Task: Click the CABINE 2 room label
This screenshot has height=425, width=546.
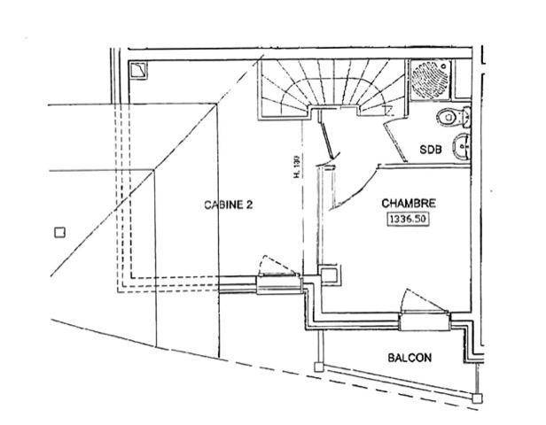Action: click(228, 205)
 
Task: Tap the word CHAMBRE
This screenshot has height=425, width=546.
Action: click(409, 203)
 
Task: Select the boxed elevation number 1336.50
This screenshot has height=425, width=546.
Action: click(408, 219)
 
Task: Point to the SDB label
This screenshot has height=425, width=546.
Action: click(431, 150)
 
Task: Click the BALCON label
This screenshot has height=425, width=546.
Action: click(409, 358)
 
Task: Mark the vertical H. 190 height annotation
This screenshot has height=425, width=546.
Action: click(297, 166)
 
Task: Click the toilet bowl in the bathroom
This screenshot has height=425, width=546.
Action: click(454, 117)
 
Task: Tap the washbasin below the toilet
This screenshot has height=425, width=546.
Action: click(462, 147)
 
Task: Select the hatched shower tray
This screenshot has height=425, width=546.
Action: click(431, 81)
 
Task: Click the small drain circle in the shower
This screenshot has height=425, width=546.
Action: click(444, 65)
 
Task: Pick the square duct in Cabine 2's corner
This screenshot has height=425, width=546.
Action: click(138, 70)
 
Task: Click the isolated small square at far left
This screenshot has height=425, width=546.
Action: click(60, 232)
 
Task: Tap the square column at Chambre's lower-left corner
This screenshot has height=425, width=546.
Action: click(329, 274)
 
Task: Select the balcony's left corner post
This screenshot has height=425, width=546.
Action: click(318, 367)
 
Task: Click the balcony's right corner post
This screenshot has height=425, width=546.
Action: click(477, 398)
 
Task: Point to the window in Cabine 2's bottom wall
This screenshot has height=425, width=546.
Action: click(279, 285)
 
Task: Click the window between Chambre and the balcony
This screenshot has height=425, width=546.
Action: click(425, 321)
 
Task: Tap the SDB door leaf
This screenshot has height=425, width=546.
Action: click(395, 143)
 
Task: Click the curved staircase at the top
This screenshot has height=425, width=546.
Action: click(331, 89)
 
